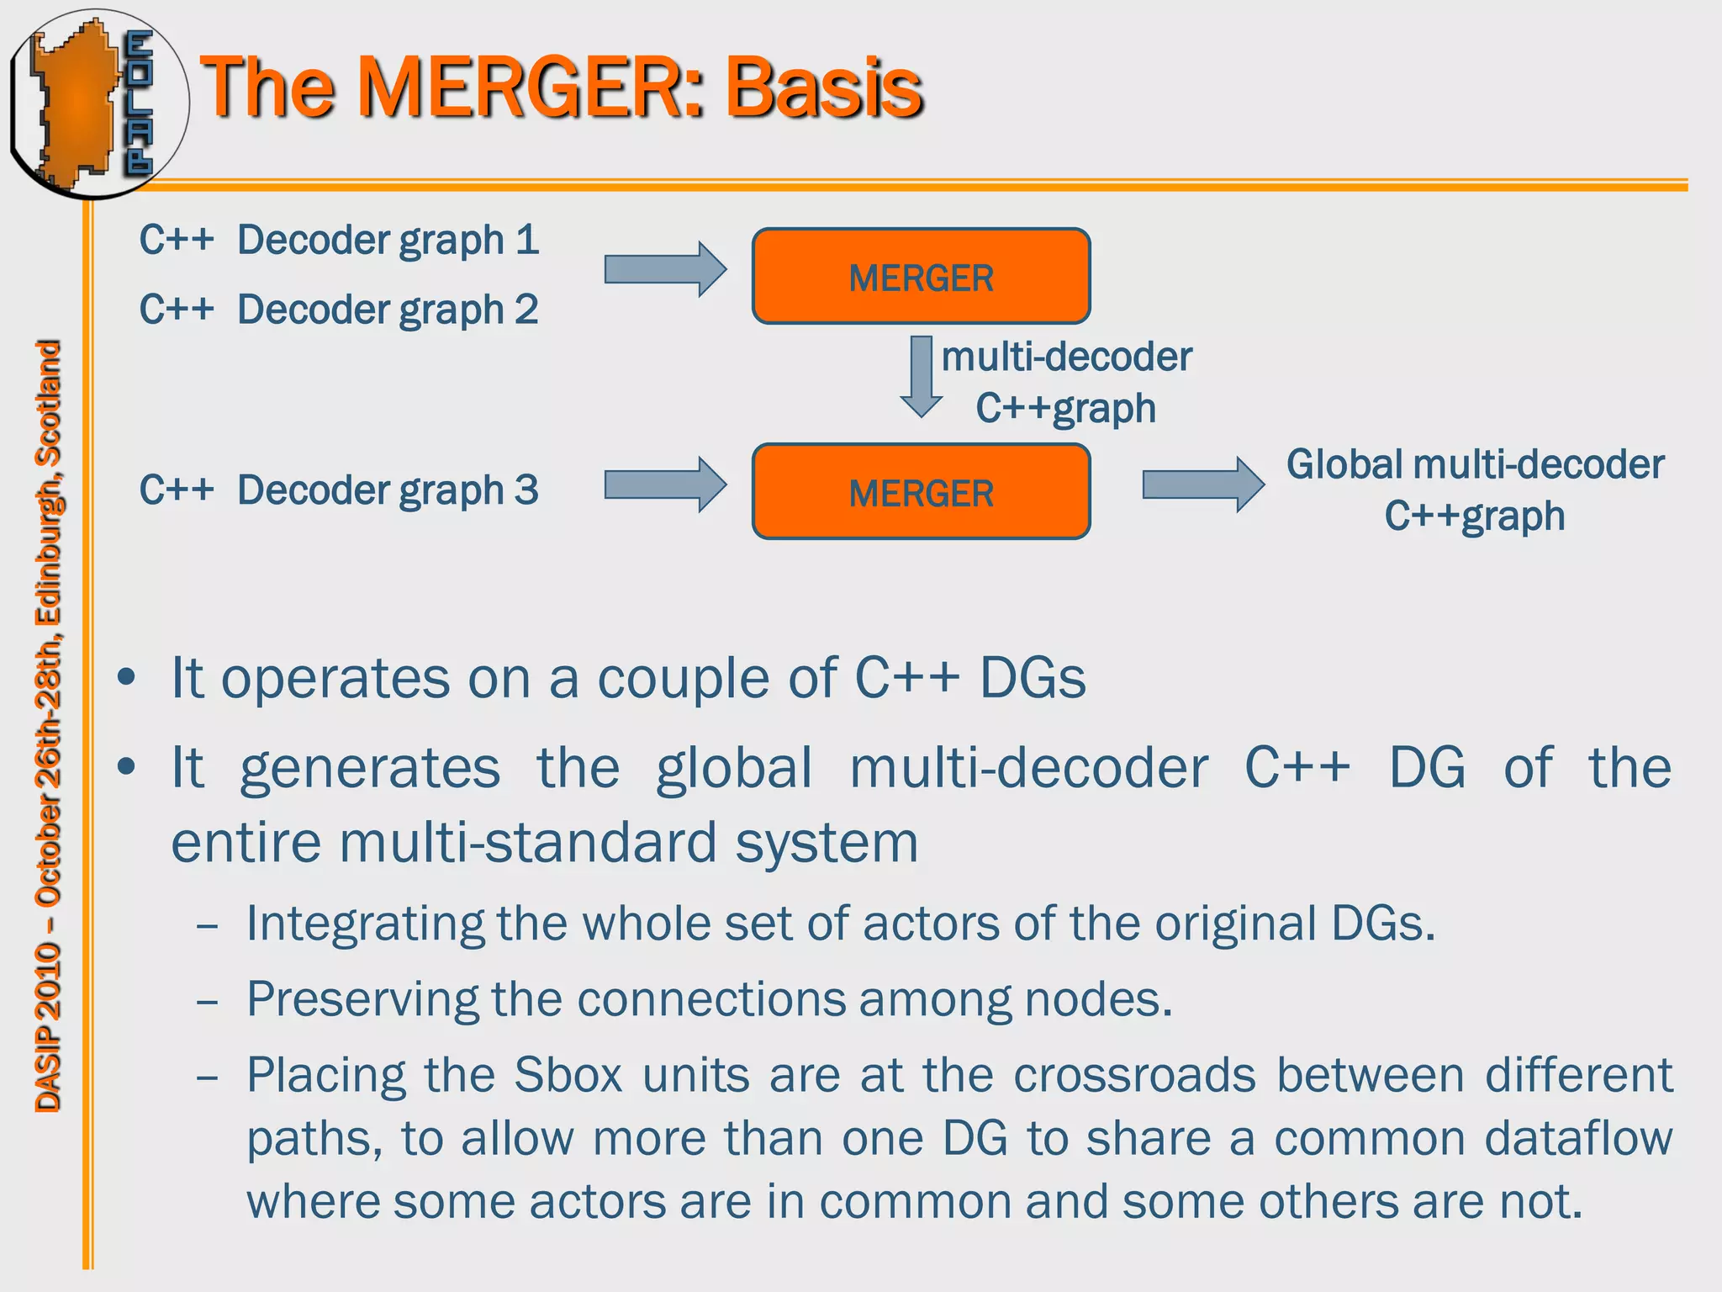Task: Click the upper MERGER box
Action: click(x=921, y=276)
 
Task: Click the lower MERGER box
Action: click(x=921, y=491)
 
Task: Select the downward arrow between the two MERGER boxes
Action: click(x=922, y=376)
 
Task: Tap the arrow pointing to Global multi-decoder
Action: click(x=1202, y=484)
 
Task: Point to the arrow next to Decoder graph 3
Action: click(x=664, y=484)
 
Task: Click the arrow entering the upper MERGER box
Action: click(x=664, y=269)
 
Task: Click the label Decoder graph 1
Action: click(x=388, y=241)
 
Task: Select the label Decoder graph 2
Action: click(x=388, y=310)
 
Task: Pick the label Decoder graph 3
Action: click(x=388, y=490)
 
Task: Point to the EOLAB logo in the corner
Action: click(x=97, y=103)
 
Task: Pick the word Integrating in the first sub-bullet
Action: click(x=365, y=924)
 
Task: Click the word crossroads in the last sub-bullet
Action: click(x=1133, y=1075)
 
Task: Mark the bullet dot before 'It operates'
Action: click(x=126, y=678)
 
